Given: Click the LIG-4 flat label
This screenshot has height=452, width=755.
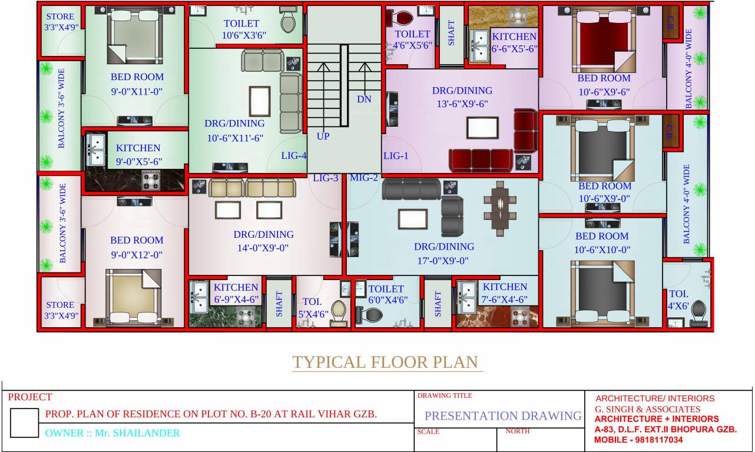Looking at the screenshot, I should [x=294, y=156].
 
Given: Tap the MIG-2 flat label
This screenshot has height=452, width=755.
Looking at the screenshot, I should [x=364, y=177].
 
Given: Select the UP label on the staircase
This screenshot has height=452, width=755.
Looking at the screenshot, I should [x=323, y=136].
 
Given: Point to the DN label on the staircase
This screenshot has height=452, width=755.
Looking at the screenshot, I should [x=364, y=99].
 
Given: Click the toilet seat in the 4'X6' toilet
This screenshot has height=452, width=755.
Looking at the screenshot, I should [x=698, y=310].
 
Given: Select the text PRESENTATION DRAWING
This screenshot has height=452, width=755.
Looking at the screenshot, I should [x=503, y=416].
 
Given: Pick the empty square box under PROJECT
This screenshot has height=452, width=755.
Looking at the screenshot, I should [x=24, y=423].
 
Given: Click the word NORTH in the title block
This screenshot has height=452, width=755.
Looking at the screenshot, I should [x=518, y=431].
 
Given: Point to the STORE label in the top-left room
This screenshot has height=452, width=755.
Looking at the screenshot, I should [x=60, y=16].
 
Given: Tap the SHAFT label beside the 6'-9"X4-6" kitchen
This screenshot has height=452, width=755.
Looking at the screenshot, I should [x=279, y=304].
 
